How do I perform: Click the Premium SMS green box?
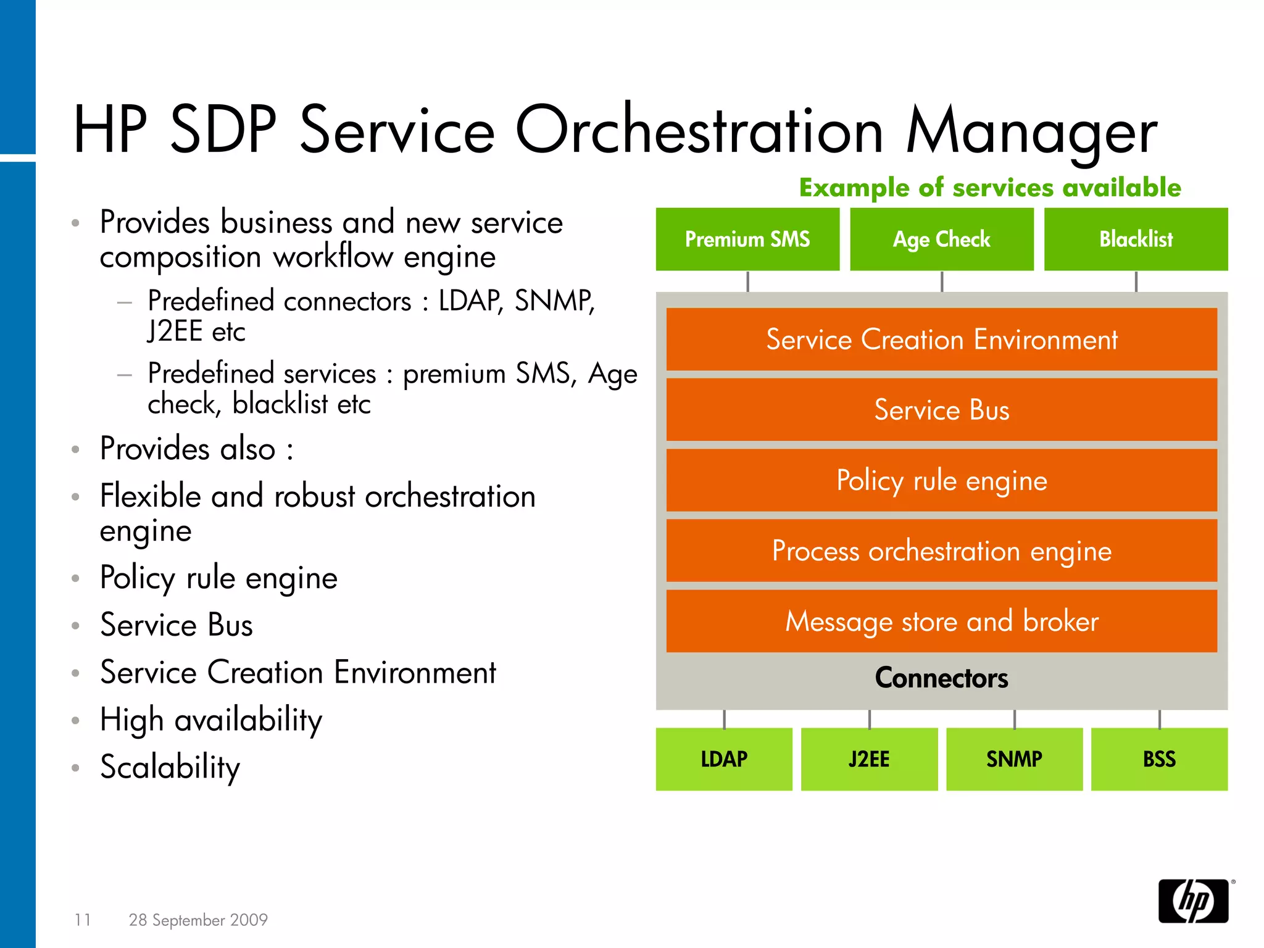pos(747,239)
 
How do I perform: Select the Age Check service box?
pos(941,239)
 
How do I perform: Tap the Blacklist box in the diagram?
pos(1136,239)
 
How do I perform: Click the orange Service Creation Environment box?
pos(941,339)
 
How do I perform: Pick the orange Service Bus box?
pos(941,410)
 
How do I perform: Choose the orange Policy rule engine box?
pos(941,480)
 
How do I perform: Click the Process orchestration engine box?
pos(941,551)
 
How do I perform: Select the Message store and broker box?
pos(941,621)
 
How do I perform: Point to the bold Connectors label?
pos(941,678)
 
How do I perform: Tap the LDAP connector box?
pos(724,759)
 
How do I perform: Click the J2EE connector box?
pos(869,759)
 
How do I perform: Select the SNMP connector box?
pos(1014,759)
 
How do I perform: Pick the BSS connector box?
pos(1159,759)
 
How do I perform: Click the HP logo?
pos(1194,901)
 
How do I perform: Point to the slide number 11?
pos(83,920)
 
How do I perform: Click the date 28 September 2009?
pos(198,920)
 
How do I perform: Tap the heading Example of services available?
pos(990,188)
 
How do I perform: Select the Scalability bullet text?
pos(170,767)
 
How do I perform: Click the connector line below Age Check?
pos(942,281)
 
